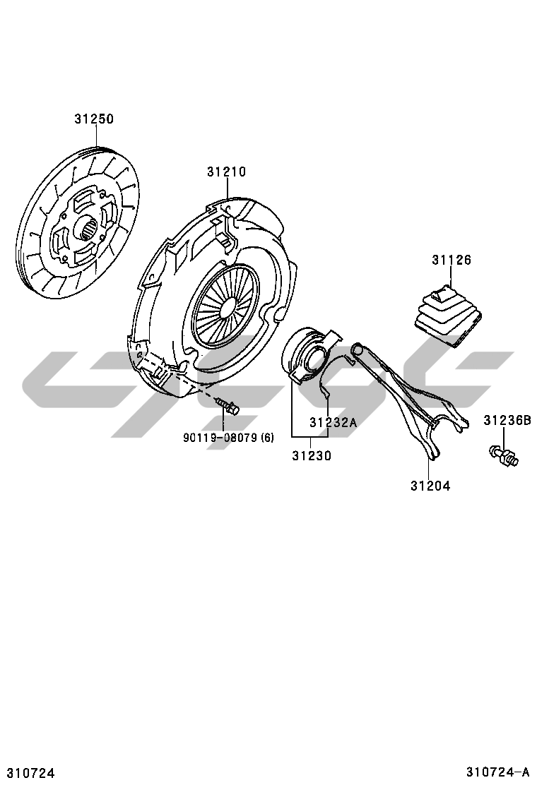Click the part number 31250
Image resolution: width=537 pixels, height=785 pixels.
pos(94,119)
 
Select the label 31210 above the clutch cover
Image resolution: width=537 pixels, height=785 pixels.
pos(226,172)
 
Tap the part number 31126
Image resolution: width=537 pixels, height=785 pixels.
pos(451,260)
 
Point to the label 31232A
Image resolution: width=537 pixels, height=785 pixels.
pos(333,423)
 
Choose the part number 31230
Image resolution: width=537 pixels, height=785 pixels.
pos(311,456)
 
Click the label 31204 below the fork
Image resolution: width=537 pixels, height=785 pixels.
pos(430,486)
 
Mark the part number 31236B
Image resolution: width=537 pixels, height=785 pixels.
pos(507,421)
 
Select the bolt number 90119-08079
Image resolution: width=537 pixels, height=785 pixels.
pos(220,438)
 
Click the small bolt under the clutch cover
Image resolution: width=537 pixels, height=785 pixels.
pos(228,407)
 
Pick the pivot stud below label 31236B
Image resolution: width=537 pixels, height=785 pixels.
pos(503,455)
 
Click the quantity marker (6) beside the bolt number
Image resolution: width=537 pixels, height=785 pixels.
pos(267,438)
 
